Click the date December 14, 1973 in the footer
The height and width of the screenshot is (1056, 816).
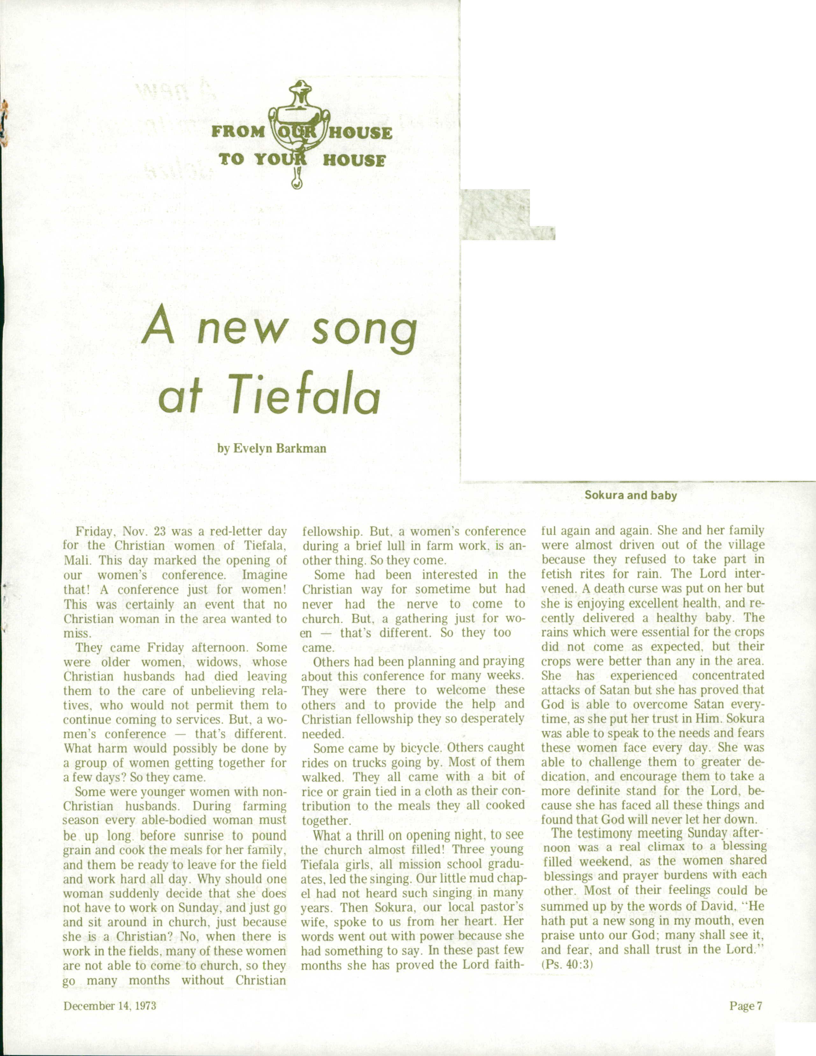click(x=110, y=1006)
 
